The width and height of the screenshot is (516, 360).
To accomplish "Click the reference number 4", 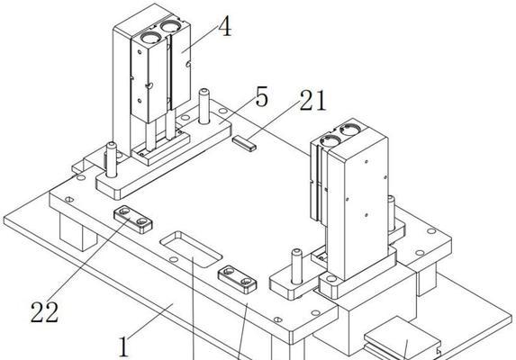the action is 225,26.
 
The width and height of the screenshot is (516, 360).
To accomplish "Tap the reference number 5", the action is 262,96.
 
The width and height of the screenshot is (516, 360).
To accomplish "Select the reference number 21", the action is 312,100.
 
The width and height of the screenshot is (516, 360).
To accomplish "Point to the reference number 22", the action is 44,311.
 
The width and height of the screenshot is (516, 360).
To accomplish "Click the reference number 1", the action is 123,346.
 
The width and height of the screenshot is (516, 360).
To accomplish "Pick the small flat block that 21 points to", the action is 245,144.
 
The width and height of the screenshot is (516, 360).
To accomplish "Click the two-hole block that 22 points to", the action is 133,220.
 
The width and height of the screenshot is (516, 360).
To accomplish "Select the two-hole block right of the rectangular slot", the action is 237,279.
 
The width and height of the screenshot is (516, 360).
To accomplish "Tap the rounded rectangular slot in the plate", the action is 191,249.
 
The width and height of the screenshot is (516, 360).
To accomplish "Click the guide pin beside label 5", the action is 204,106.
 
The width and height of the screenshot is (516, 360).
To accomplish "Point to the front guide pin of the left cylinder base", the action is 112,159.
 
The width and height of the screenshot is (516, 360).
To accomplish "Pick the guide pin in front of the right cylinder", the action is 297,266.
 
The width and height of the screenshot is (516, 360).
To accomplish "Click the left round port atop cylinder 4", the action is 150,38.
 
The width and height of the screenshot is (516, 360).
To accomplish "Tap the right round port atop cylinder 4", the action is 170,26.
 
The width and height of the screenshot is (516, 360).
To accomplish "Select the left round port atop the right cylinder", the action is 330,140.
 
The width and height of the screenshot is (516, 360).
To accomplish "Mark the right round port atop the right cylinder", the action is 350,130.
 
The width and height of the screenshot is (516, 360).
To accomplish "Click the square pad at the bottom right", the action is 403,334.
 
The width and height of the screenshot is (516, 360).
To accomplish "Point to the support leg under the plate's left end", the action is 78,232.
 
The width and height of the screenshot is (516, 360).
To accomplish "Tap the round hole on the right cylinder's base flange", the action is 331,279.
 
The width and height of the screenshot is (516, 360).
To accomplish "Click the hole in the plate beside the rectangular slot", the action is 174,259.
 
